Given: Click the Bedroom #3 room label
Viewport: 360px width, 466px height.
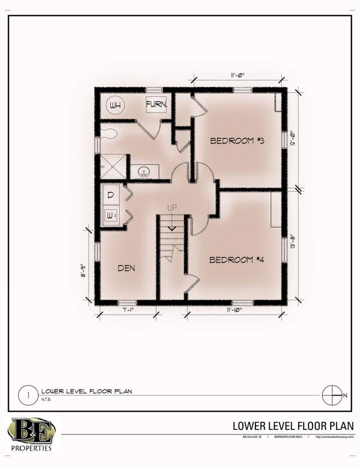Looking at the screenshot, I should click(236, 141).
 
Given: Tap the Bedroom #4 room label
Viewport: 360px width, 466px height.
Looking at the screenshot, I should click(235, 259).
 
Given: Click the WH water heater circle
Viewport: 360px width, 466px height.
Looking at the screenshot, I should click(116, 105).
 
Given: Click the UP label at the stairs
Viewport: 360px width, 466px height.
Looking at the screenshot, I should click(172, 208).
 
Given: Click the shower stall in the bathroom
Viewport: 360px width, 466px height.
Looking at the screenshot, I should click(112, 165).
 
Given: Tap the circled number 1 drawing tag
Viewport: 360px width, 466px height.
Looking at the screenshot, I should click(24, 396).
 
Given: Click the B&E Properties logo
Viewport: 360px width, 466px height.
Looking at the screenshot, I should click(30, 435).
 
